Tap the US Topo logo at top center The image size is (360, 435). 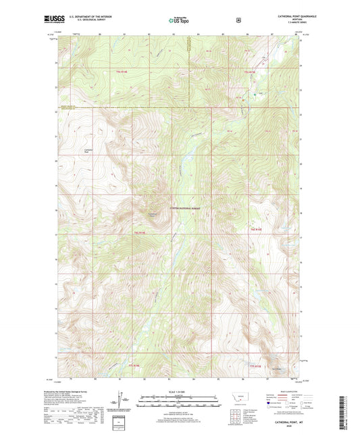178,20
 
